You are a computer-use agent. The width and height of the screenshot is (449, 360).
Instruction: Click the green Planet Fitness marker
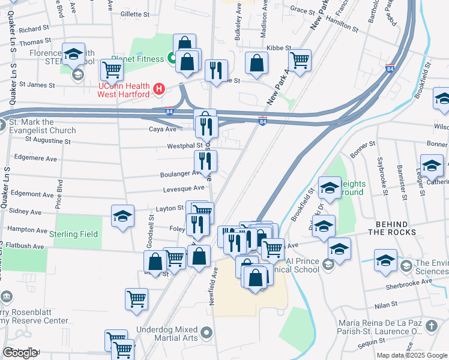[x=172, y=59]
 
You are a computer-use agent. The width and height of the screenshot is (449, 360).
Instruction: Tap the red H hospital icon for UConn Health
[x=159, y=90]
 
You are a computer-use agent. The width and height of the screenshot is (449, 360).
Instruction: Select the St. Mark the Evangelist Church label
[x=41, y=126]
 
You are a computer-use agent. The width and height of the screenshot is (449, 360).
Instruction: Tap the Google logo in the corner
[x=19, y=353]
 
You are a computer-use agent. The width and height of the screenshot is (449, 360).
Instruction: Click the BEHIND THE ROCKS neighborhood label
[x=391, y=228]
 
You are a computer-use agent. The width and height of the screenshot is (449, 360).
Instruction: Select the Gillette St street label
[x=134, y=13]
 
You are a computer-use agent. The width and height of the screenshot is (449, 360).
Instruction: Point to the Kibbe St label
[x=279, y=47]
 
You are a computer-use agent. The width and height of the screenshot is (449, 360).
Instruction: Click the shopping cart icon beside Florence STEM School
[x=112, y=70]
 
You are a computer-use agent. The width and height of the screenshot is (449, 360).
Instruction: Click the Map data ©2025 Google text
[x=412, y=355]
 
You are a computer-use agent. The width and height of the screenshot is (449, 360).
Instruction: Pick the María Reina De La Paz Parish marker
[x=431, y=326]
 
